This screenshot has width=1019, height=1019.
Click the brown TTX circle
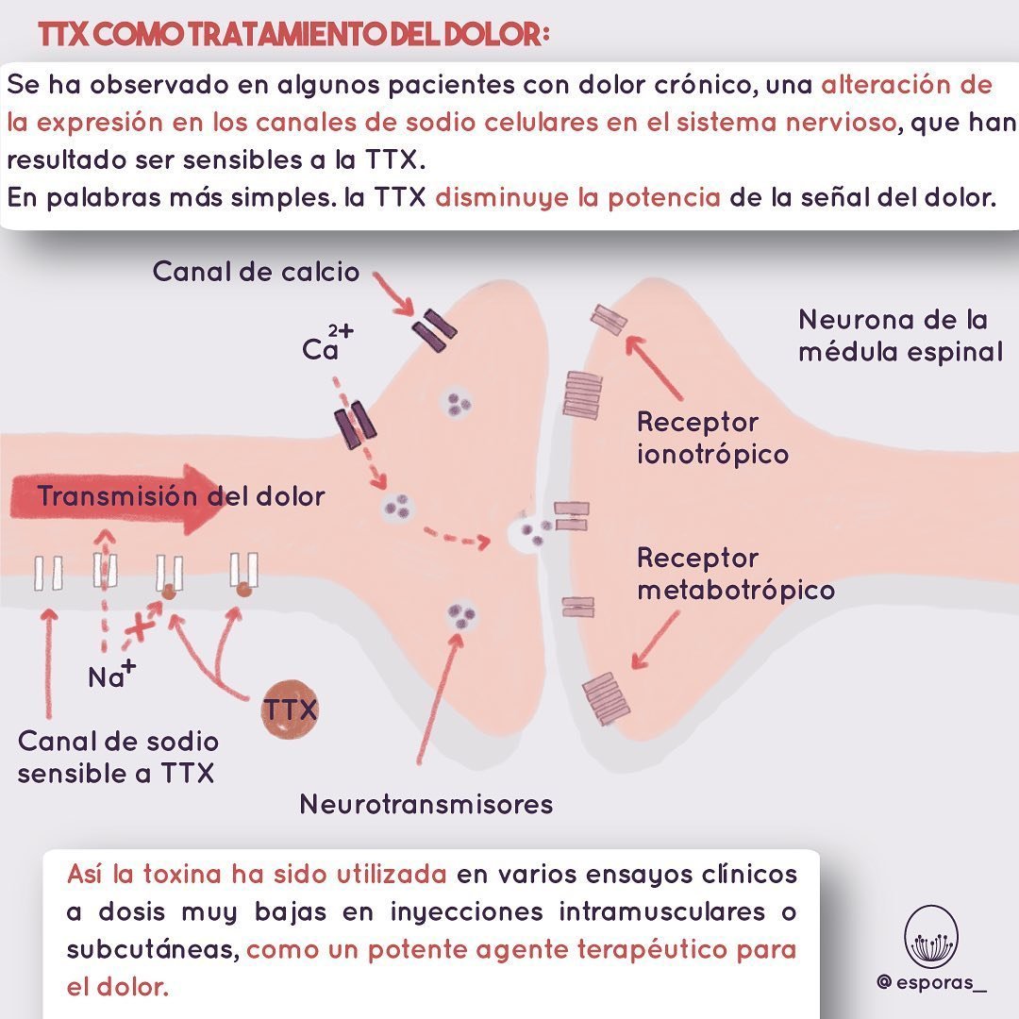290,710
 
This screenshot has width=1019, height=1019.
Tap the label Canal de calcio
256,273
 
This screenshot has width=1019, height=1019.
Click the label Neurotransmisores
426,804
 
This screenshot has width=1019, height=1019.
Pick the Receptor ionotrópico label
712,438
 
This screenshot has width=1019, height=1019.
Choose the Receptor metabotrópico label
735,574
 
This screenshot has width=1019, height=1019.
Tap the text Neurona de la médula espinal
899,336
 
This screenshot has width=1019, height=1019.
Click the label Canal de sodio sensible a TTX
118,757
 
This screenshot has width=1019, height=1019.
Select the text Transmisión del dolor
181,497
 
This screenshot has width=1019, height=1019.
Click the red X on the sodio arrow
142,626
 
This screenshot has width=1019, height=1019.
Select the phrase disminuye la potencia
578,199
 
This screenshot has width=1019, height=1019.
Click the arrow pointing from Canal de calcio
394,294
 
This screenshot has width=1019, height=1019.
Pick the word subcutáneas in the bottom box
151,948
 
